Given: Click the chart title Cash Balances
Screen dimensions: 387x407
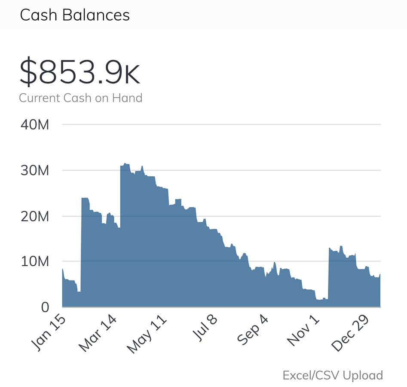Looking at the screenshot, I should [x=75, y=15].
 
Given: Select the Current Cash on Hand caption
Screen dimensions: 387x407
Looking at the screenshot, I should [x=80, y=98].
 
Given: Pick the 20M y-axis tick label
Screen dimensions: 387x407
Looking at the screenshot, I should [x=35, y=216].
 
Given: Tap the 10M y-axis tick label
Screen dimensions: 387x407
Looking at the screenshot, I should [x=35, y=261].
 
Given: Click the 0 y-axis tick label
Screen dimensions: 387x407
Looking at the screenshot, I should [x=45, y=307].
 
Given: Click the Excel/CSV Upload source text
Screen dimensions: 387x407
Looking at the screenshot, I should [x=333, y=375].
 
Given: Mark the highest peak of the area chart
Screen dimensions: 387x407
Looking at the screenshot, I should [x=125, y=164].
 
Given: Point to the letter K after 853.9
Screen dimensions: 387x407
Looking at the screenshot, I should [x=132, y=75].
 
